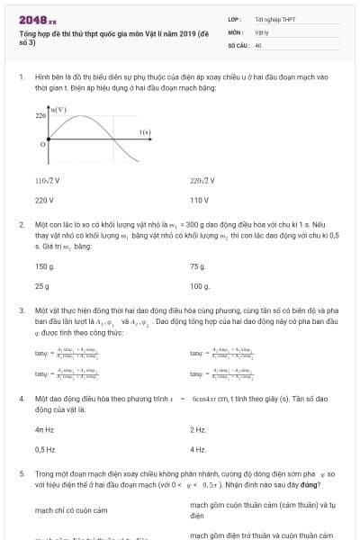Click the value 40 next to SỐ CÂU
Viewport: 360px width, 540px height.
coord(257,44)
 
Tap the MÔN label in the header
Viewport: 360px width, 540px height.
coord(236,31)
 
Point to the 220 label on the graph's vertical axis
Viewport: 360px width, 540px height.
coord(40,116)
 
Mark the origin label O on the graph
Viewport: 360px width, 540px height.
coord(43,144)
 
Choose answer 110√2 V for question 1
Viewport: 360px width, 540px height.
coord(47,180)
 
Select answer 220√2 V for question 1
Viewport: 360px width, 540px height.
coord(202,180)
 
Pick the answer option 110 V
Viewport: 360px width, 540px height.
coord(199,200)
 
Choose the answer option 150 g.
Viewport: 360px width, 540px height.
coord(44,266)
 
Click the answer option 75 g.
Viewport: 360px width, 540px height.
coord(198,266)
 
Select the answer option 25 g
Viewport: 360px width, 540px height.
coord(41,286)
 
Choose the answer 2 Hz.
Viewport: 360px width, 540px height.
coord(198,429)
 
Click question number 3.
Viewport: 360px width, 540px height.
coord(21,310)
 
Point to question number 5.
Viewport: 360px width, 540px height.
coord(21,472)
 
